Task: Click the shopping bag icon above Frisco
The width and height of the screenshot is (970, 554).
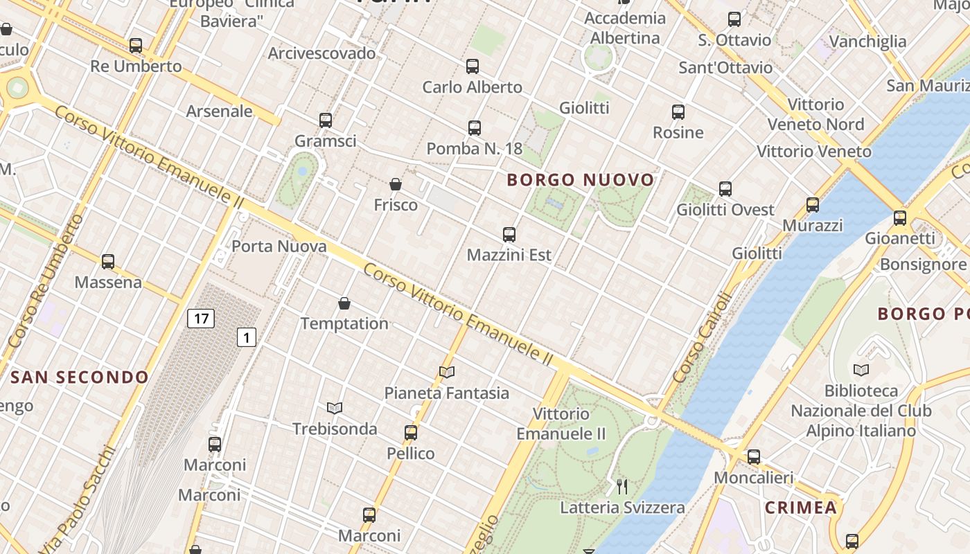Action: pos(396,184)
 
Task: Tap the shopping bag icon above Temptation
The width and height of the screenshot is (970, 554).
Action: pos(344,303)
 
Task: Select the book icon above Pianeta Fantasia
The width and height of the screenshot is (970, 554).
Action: pos(447,373)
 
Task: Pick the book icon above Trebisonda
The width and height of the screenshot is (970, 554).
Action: pos(335,408)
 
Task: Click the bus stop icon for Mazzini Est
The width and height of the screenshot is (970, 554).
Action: pos(509,235)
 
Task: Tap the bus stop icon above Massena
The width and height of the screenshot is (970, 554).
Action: pos(108,262)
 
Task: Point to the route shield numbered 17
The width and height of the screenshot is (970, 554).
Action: pos(200,319)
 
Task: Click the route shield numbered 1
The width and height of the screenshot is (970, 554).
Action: pos(246,337)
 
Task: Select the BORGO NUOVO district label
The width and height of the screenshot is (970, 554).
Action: pos(581,180)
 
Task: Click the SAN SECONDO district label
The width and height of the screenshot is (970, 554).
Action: pos(80,377)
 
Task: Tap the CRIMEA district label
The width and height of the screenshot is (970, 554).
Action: pos(801,508)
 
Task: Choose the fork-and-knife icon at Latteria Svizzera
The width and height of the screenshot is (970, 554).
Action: pos(622,487)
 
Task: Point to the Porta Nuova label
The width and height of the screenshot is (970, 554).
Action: pos(279,246)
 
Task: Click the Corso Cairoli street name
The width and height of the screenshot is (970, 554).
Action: pos(703,338)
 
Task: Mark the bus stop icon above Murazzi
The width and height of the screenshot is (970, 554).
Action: pos(813,205)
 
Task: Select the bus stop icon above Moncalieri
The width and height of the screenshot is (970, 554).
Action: pos(754,457)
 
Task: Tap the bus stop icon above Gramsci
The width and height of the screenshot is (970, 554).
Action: pos(326,120)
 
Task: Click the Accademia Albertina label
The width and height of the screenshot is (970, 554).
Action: pos(625,28)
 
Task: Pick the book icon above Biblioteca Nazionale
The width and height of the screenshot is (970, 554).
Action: pos(861,370)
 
